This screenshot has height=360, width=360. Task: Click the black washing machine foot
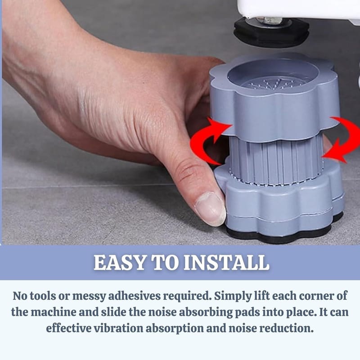click(271, 32)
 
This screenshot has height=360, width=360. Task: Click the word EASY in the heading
click(120, 262)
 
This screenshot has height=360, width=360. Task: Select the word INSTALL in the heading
click(226, 262)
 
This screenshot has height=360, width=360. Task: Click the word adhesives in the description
click(134, 296)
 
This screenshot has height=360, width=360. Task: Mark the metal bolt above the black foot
click(271, 21)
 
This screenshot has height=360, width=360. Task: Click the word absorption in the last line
click(175, 328)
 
